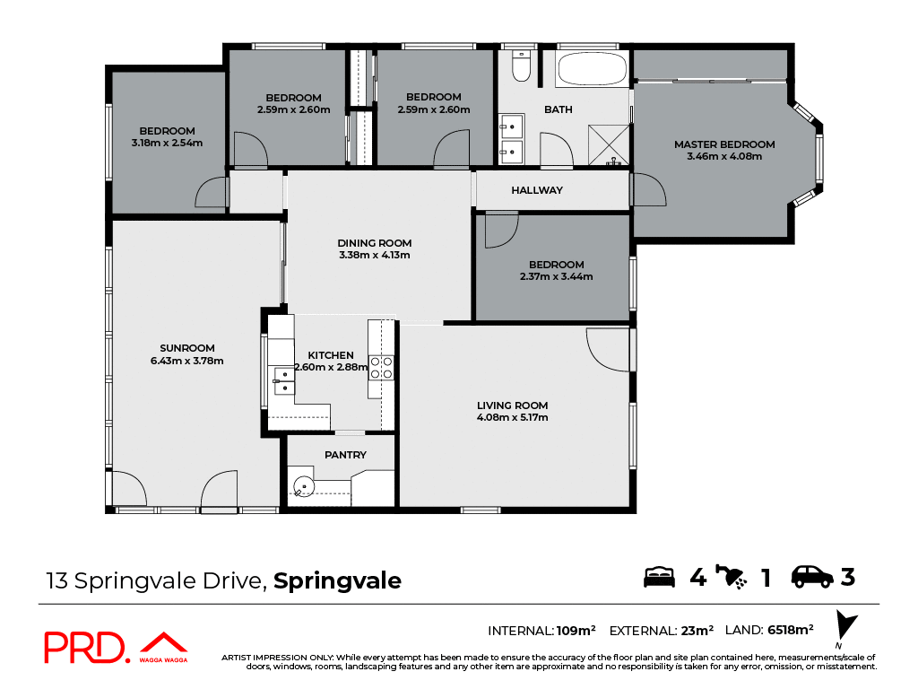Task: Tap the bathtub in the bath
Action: pos(593,69)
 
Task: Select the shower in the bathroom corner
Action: pos(609,145)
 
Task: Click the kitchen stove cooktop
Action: pos(381,367)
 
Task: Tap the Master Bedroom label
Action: pos(724,144)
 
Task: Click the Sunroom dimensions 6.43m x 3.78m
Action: pos(187,361)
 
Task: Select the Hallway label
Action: pos(537,190)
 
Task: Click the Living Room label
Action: pos(512,406)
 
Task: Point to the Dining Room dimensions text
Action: pos(374,255)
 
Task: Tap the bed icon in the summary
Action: pos(660,577)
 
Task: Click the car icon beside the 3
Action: pos(812,577)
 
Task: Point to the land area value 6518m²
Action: pos(790,630)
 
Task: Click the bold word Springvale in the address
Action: pos(337,581)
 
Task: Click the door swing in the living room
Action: pos(606,352)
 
